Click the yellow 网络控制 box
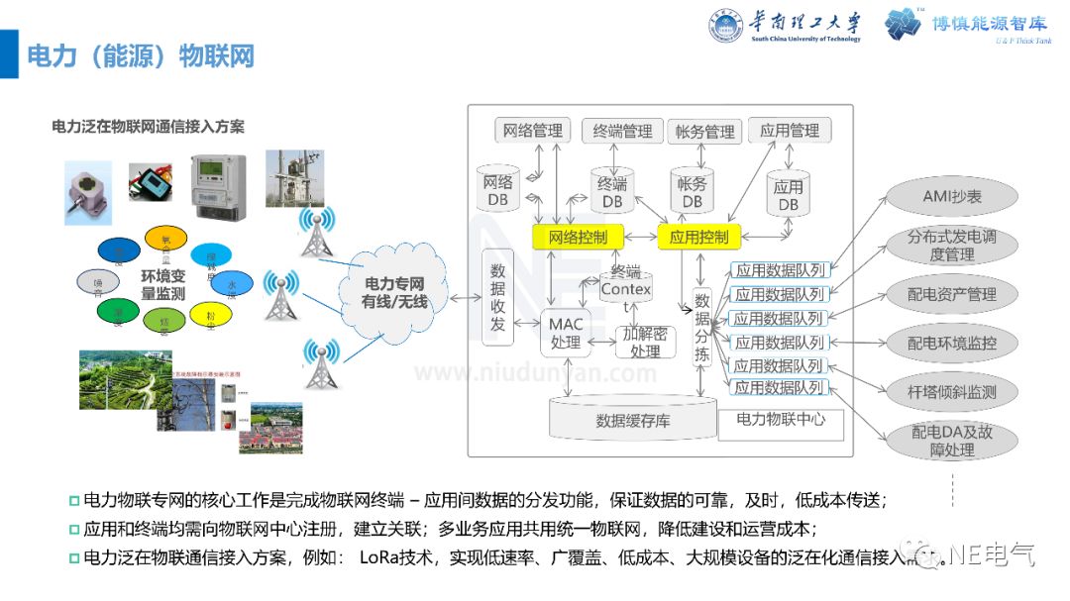(578, 237)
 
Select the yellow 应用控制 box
(698, 237)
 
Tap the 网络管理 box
(532, 131)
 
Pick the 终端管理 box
(622, 131)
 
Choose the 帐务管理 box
(705, 132)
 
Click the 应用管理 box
(790, 131)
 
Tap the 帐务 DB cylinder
(692, 191)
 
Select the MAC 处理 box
(566, 334)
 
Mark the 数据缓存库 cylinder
(632, 420)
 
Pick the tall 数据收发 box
(497, 298)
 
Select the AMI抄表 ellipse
(952, 197)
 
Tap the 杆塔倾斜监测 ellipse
(952, 392)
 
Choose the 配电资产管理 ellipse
(952, 294)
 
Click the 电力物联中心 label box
(781, 420)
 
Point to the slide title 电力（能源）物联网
(140, 55)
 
